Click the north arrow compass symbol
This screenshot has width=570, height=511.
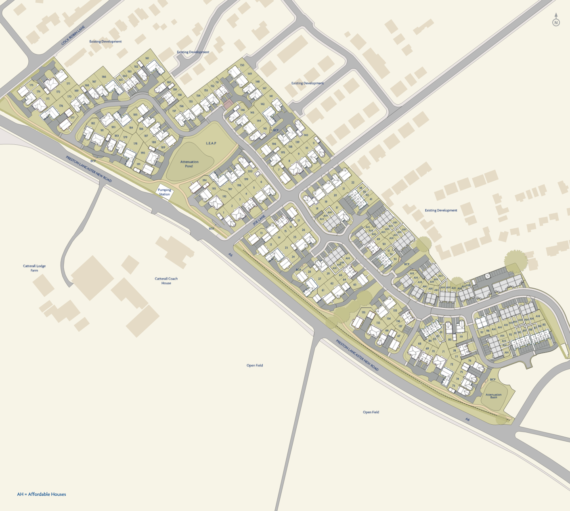pyautogui.click(x=556, y=21)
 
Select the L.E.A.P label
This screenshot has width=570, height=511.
pyautogui.click(x=211, y=143)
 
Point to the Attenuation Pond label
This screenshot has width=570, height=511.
pyautogui.click(x=189, y=164)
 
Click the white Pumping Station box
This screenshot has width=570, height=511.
pyautogui.click(x=164, y=192)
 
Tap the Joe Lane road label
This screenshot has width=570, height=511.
pyautogui.click(x=259, y=220)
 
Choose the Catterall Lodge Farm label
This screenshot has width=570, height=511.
pyautogui.click(x=34, y=268)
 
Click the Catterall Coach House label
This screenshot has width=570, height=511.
pyautogui.click(x=166, y=281)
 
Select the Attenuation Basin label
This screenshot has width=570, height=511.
pyautogui.click(x=494, y=396)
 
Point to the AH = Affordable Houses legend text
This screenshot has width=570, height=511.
pyautogui.click(x=42, y=494)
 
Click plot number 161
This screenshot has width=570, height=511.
pyautogui.click(x=147, y=58)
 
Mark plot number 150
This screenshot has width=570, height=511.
pyautogui.click(x=242, y=65)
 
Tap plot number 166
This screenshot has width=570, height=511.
pyautogui.click(x=104, y=77)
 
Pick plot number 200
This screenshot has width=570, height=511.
pyautogui.click(x=250, y=171)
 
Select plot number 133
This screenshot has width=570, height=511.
pyautogui.click(x=364, y=312)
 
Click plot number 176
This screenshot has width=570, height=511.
pyautogui.click(x=61, y=106)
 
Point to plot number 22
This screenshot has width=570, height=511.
pyautogui.click(x=353, y=182)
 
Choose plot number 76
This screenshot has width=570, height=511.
pyautogui.click(x=469, y=361)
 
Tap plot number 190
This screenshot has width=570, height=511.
pyautogui.click(x=142, y=153)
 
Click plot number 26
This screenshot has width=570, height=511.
pyautogui.click(x=304, y=230)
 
